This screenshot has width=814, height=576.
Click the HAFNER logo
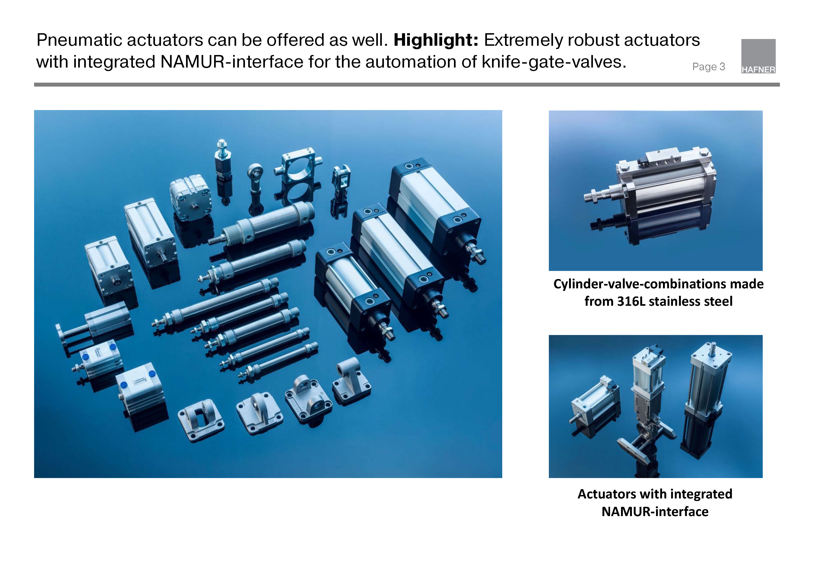coord(758,56)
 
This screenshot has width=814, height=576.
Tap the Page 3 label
coord(708,67)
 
